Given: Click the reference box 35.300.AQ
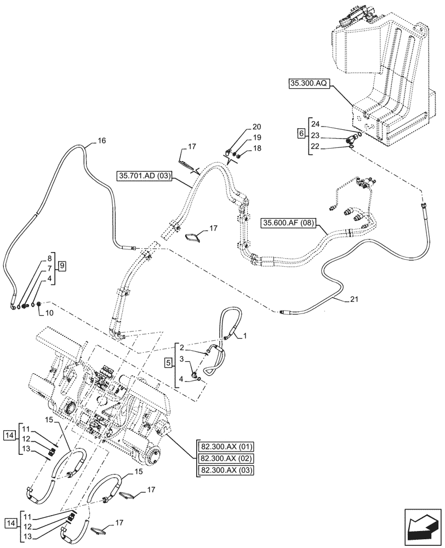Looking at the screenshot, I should pyautogui.click(x=307, y=84).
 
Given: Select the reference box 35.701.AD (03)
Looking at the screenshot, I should pyautogui.click(x=145, y=176).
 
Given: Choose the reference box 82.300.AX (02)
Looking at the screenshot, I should pyautogui.click(x=224, y=458).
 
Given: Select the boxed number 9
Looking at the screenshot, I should pyautogui.click(x=62, y=266).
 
